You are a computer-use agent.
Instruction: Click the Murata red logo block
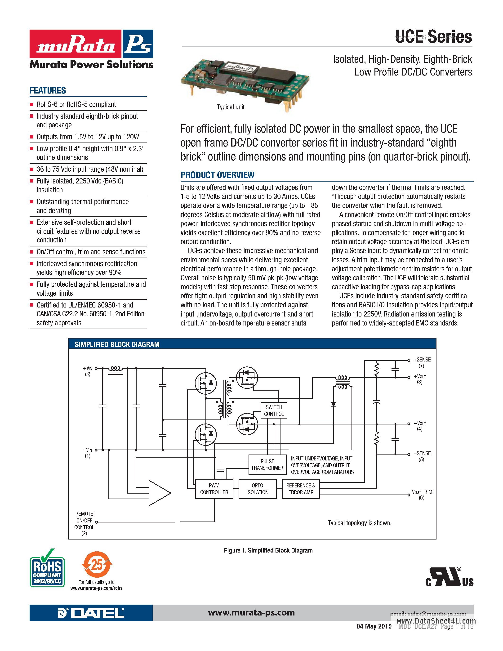click(75, 44)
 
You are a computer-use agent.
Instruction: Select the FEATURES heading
click(48, 91)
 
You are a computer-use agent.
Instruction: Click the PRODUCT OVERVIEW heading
click(217, 175)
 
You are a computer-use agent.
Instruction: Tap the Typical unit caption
click(230, 107)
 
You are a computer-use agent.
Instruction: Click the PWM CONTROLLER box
click(214, 489)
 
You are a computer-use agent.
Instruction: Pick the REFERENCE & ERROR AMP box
click(300, 489)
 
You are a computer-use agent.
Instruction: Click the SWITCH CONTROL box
click(274, 410)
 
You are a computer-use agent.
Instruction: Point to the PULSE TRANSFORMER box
click(267, 464)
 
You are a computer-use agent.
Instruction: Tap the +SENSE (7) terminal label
click(422, 362)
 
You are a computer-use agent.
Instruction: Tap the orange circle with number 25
click(97, 565)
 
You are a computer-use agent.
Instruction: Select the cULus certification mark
click(449, 578)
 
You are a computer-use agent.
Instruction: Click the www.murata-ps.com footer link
click(251, 613)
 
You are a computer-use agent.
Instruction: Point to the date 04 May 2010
click(374, 626)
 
